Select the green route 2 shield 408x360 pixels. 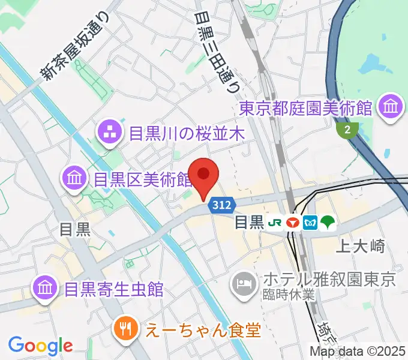[x=347, y=129]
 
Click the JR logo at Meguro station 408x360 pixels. [x=275, y=223]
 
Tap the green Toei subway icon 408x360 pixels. [x=327, y=223]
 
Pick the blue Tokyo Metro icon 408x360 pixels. [x=310, y=223]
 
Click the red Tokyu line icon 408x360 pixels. [x=293, y=223]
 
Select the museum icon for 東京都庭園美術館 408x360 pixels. [x=391, y=108]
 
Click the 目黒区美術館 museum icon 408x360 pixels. [x=74, y=178]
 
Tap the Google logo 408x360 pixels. [x=40, y=345]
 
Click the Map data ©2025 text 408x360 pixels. [x=358, y=352]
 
